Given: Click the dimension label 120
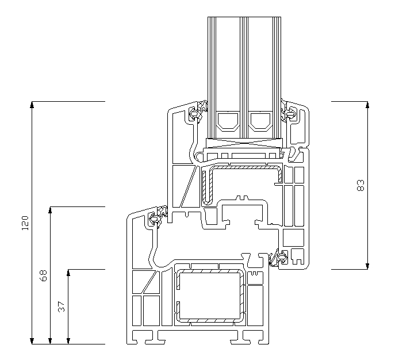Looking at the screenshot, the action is (25, 223).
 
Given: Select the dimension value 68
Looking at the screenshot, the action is (44, 275).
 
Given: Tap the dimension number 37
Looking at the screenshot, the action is (62, 307).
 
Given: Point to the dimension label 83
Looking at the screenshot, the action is (360, 185).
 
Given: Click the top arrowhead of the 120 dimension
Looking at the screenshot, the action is (32, 105).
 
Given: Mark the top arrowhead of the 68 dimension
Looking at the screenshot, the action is (50, 210).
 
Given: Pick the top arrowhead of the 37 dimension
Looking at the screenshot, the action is (68, 273).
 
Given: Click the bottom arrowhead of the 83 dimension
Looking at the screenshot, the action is (367, 266).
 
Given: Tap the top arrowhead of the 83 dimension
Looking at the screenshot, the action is (367, 105).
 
